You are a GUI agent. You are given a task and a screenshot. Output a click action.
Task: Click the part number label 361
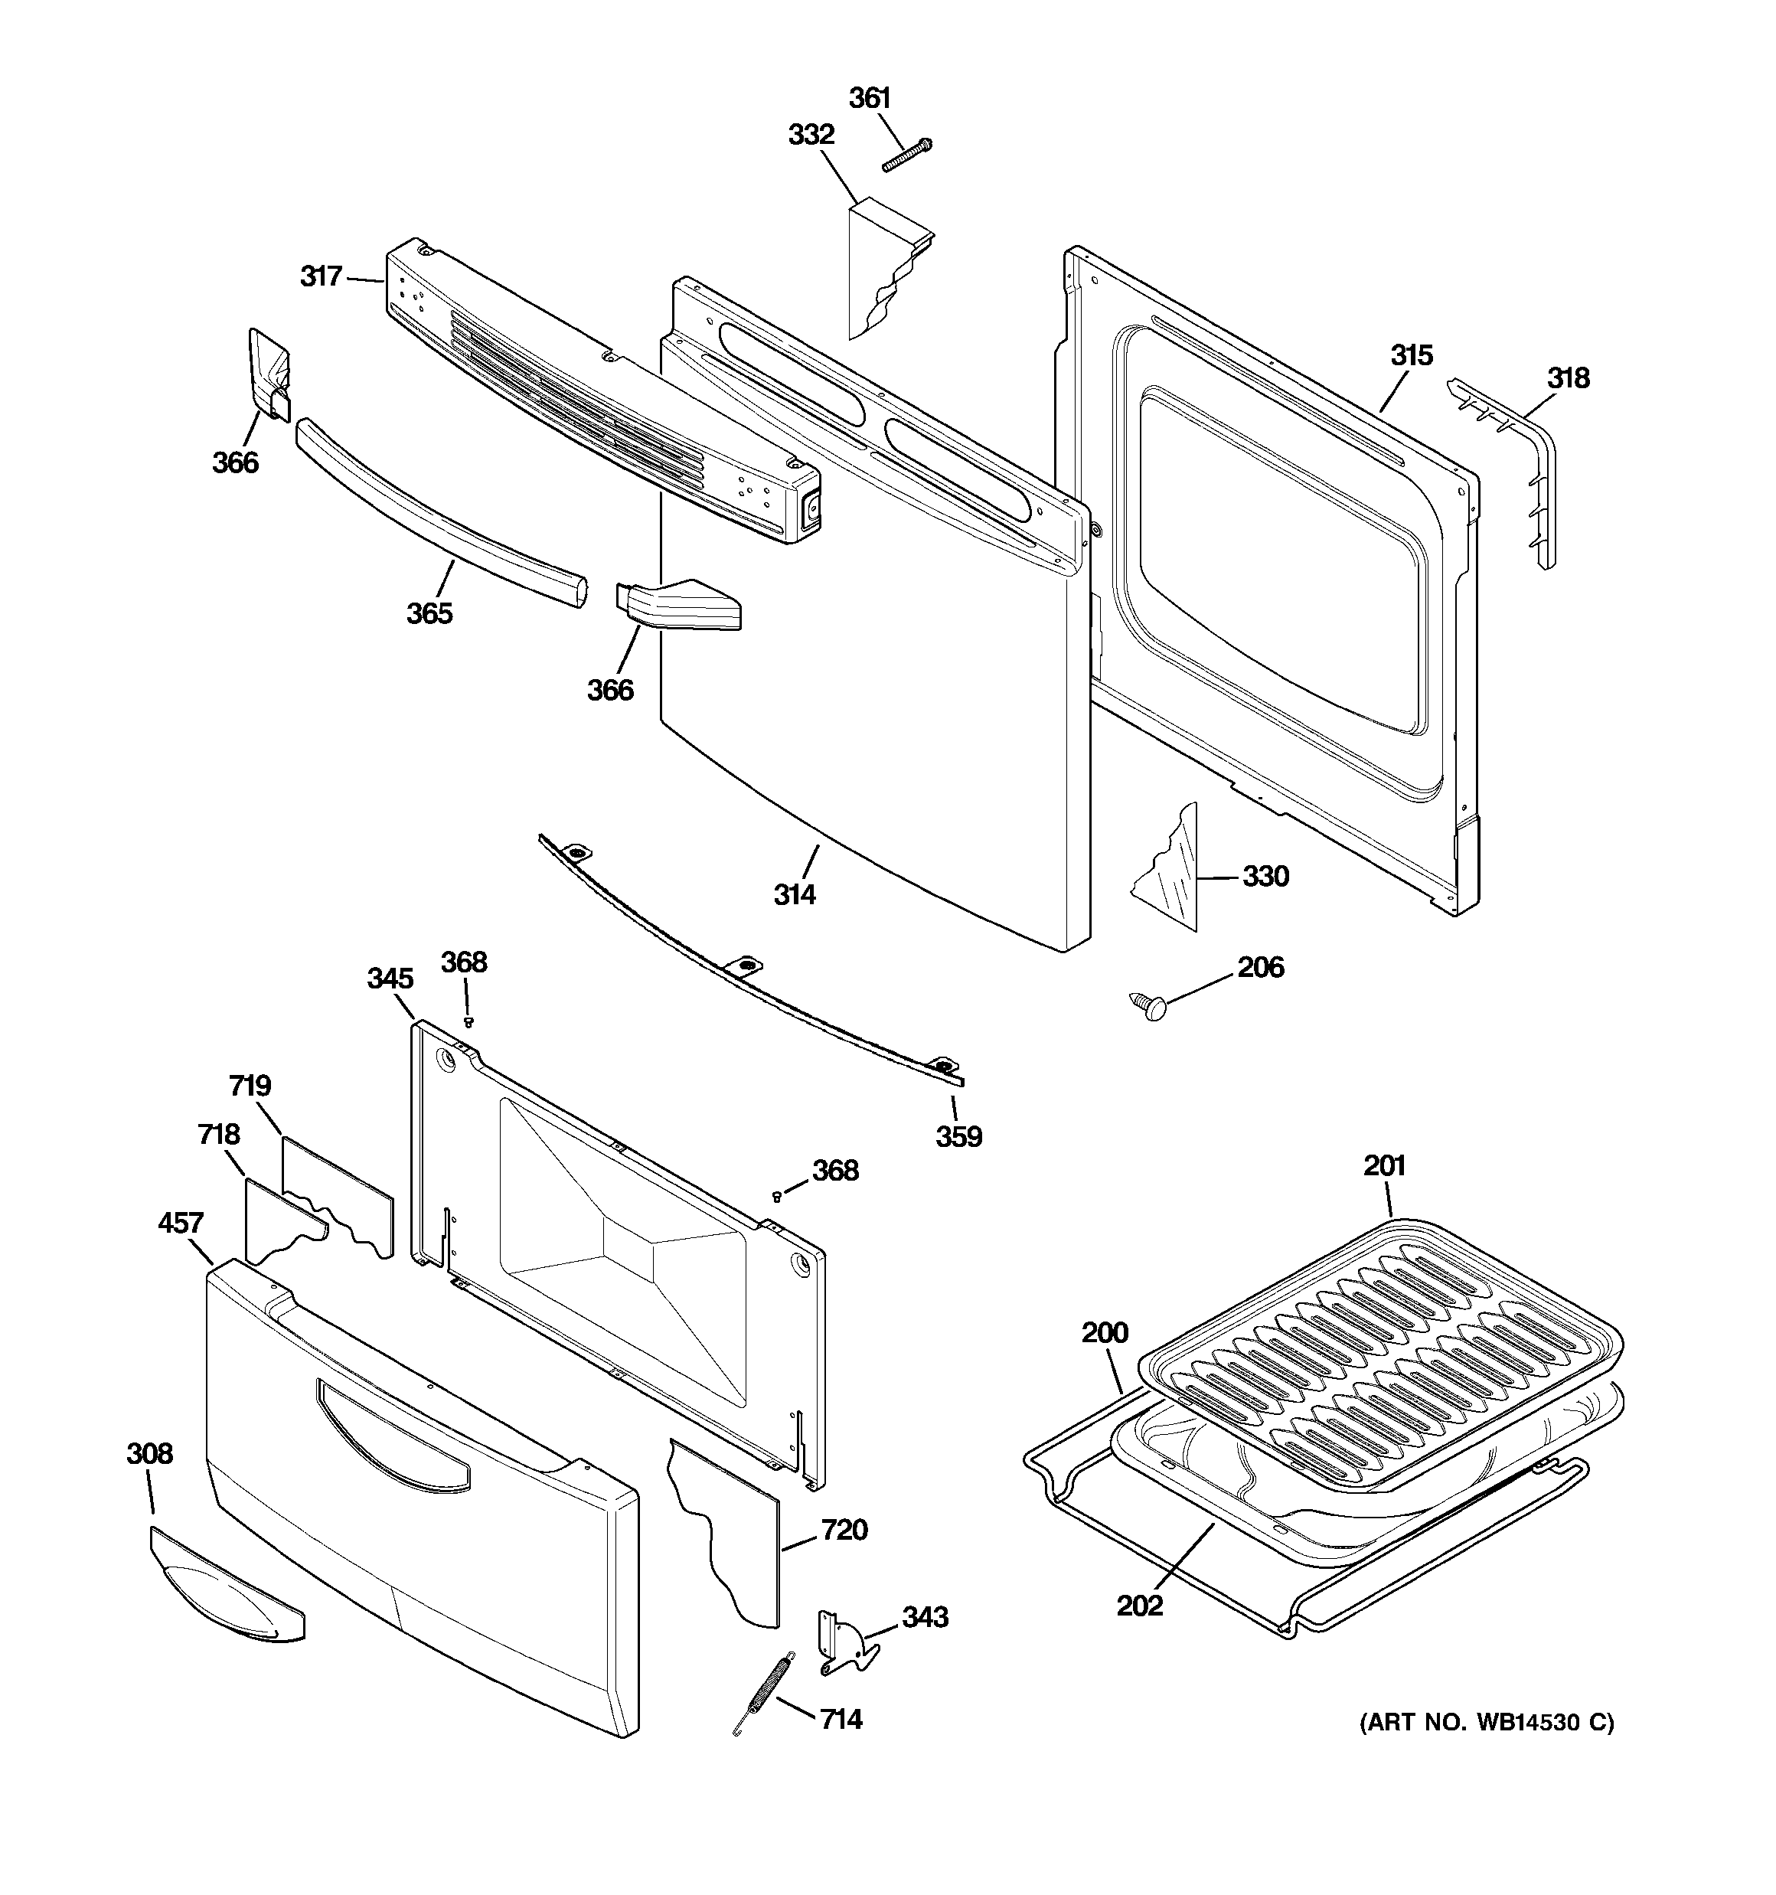tap(870, 98)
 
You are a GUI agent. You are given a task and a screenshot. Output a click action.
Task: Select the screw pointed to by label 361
tap(906, 155)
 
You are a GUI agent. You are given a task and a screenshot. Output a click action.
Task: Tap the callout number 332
tap(811, 136)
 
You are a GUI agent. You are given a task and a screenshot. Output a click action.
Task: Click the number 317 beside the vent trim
tap(322, 276)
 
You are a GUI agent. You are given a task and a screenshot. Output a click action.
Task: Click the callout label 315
tap(1411, 355)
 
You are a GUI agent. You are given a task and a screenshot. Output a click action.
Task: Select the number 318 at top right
tap(1569, 378)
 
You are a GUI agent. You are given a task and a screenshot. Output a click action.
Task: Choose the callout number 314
tap(794, 894)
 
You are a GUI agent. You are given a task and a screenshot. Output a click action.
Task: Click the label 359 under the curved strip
tap(958, 1136)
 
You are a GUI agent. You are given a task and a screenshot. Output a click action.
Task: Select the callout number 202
tap(1140, 1606)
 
